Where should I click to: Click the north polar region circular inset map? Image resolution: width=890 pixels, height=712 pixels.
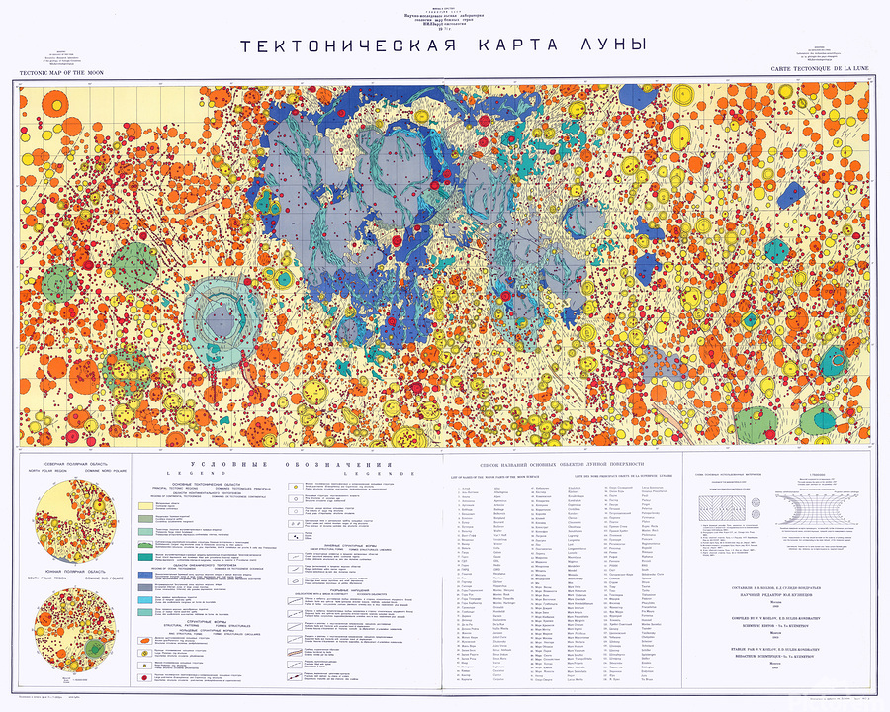click(x=66, y=516)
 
